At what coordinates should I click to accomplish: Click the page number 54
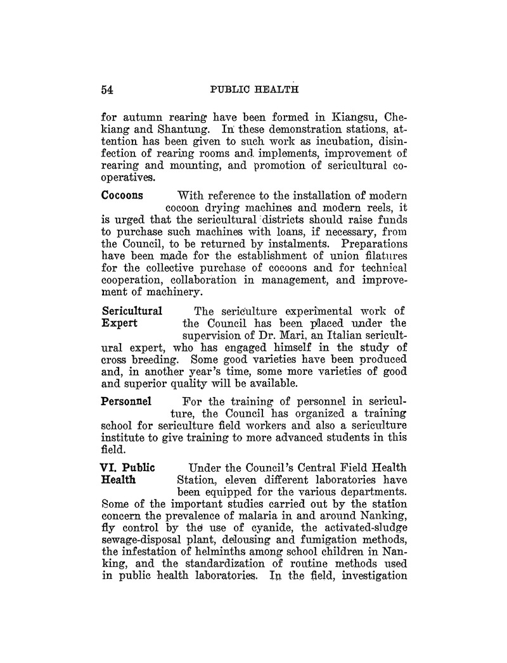pos(107,90)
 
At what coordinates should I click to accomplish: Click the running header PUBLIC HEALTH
pos(254,89)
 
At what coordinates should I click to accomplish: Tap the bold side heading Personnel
pos(127,401)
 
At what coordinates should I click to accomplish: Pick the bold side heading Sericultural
pos(132,311)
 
